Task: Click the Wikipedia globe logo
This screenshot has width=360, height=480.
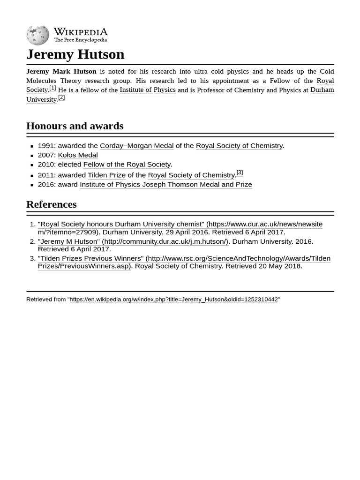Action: coord(37,35)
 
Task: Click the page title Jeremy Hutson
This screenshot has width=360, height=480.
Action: coord(75,54)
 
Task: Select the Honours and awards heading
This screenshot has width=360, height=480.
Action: coord(75,126)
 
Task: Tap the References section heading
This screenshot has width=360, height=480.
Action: coord(51,204)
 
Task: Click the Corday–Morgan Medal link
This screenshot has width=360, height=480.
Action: coord(136,146)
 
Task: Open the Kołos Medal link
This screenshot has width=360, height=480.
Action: coord(77,155)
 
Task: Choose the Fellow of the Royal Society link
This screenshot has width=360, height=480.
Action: coord(127,165)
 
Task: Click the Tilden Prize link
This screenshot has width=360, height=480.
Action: coord(106,175)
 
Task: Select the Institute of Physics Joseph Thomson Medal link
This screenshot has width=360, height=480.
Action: coord(165,185)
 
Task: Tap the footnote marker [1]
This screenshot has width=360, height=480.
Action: coord(52,88)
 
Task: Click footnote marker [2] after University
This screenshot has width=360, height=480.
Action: coord(61,97)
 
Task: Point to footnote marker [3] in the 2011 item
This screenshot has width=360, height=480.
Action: coord(240,172)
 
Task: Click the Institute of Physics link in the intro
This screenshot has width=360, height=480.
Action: coord(147,90)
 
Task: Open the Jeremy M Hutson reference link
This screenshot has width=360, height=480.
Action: coord(133,241)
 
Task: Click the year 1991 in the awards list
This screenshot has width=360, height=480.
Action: coord(45,146)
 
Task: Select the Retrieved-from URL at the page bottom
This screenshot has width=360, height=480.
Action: coord(173,299)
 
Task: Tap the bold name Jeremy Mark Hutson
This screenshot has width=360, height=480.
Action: coord(61,72)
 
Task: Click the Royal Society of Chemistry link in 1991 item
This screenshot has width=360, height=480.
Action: coord(239,146)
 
